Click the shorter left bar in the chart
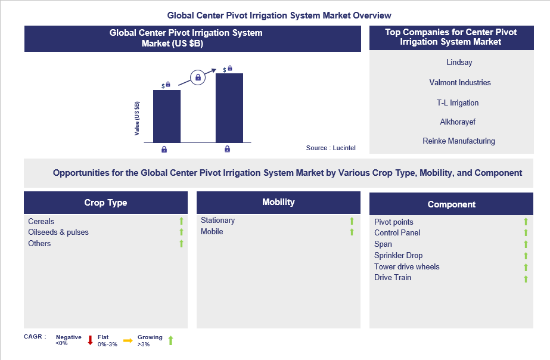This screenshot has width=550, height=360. coord(167,116)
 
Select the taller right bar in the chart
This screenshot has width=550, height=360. coord(229,108)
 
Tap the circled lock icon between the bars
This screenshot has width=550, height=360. coord(198,77)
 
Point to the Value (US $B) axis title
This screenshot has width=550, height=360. coord(137,117)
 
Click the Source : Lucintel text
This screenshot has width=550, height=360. coord(330,148)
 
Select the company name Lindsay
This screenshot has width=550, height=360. coord(459,62)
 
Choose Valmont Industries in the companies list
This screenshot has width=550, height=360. coord(459,82)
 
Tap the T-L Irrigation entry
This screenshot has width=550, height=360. coord(458,103)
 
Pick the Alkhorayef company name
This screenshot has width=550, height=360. coord(458,122)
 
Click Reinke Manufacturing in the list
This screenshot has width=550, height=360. coord(459,141)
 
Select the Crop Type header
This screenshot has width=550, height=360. coord(105,203)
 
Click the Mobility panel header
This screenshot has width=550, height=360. coord(278,202)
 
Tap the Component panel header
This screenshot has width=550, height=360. coord(451,204)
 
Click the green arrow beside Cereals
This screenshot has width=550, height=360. coord(182,222)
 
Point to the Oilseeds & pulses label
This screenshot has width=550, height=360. coord(58,232)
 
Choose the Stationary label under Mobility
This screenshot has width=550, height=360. coord(217,221)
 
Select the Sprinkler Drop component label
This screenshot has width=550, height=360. coord(398,255)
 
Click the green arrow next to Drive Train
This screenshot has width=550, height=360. coord(526,278)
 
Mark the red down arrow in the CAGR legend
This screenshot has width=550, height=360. coord(90,340)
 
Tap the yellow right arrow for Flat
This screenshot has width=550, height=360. coord(128,340)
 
